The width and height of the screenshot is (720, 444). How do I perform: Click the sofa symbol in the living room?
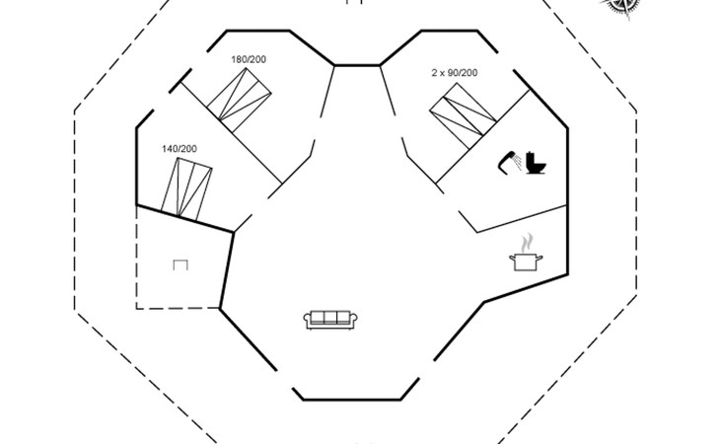330,318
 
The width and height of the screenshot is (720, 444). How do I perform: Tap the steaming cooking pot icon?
526,255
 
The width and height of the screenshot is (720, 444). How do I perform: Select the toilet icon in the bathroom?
536,163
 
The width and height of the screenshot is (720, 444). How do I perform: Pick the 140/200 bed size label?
180,149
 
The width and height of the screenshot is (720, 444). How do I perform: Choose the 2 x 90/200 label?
455,73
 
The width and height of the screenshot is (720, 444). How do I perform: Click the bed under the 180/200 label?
240,99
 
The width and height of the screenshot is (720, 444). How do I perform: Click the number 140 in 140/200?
171,149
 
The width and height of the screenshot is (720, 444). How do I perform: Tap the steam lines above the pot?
529,243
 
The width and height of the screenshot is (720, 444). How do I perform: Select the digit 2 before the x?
434,73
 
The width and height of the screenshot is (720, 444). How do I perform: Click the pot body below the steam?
525,261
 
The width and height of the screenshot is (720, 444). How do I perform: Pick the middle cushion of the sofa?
330,317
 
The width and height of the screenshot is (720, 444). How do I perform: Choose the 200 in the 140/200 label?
188,149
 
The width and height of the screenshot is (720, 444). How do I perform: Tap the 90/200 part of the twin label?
463,73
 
